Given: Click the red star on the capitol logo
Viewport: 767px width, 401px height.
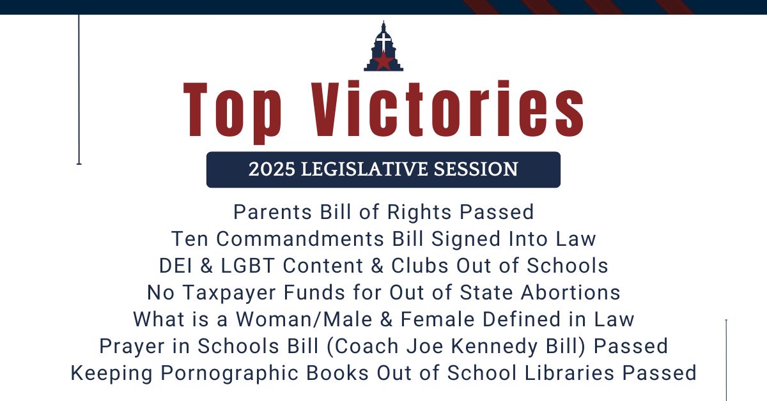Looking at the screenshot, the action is point(383,61).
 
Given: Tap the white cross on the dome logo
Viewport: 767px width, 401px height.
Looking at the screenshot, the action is point(383,41).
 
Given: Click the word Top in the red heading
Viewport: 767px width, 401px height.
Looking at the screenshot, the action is point(233,112).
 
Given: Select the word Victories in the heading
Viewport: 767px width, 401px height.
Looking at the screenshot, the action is point(447,109).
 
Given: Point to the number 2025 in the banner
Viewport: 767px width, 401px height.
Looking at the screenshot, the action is point(272,169).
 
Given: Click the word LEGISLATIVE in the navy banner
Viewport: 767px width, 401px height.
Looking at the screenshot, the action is point(364,169).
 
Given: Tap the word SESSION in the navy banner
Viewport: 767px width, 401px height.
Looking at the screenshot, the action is point(476,169).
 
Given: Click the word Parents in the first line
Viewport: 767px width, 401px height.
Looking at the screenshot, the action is point(272,212).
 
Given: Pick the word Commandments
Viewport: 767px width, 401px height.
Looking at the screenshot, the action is point(300,238).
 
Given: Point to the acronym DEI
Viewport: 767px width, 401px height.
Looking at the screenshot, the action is point(176,266).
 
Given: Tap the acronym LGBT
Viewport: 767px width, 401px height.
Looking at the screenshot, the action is point(248,266).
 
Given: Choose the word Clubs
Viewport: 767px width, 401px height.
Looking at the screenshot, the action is point(420,266).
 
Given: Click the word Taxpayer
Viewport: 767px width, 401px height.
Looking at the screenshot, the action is point(229,293).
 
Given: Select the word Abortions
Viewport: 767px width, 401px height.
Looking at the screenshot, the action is point(570,292).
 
